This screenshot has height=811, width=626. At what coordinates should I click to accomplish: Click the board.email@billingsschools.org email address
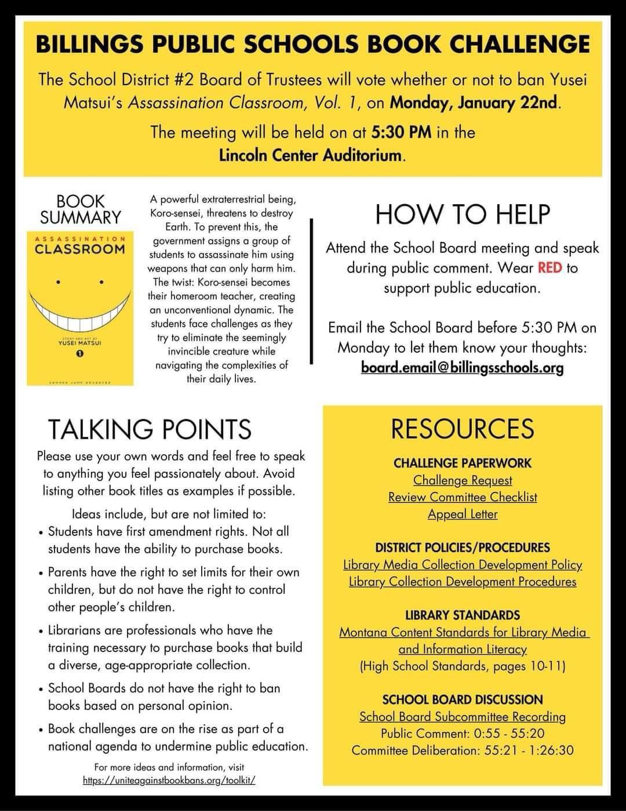tap(462, 368)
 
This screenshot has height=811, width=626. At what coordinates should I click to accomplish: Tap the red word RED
tap(550, 268)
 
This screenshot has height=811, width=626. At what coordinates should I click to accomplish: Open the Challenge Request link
tap(463, 480)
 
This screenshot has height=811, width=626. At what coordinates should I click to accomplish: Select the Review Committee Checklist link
tap(463, 497)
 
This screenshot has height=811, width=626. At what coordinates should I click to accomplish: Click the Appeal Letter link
tap(463, 514)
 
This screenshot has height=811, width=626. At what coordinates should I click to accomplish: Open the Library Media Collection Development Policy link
tap(463, 564)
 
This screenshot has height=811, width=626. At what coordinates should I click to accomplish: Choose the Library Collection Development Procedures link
tap(463, 581)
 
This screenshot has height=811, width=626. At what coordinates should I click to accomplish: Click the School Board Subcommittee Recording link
tap(463, 716)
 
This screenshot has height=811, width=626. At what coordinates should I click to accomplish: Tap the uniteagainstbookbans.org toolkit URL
tap(169, 781)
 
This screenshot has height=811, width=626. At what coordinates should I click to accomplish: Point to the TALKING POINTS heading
tap(150, 429)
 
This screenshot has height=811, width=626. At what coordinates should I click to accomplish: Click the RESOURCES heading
tap(463, 429)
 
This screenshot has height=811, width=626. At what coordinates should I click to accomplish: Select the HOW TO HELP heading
tap(463, 214)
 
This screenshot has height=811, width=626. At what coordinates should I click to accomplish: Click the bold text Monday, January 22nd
tap(475, 103)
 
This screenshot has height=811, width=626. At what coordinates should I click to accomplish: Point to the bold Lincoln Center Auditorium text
tap(310, 155)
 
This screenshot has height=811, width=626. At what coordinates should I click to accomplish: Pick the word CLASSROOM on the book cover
tap(79, 249)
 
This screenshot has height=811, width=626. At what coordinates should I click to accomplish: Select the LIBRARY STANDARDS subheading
tap(463, 615)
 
